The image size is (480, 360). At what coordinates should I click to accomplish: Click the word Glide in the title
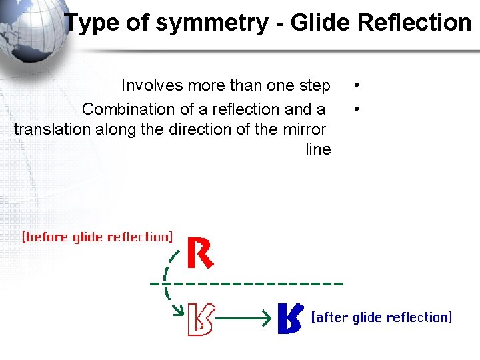coord(321,23)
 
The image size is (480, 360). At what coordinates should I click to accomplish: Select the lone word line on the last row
coord(318,149)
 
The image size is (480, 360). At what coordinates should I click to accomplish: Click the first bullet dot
coord(358,86)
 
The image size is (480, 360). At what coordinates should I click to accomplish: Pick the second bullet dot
coord(358,107)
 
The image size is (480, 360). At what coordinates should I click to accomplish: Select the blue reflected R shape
coord(289,318)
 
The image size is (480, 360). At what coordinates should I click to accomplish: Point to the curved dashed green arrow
coord(169,280)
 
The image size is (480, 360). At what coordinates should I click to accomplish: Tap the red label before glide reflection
coord(97,237)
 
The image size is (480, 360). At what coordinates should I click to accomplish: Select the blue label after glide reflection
coord(382,317)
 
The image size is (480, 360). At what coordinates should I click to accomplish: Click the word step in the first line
coord(315,86)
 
